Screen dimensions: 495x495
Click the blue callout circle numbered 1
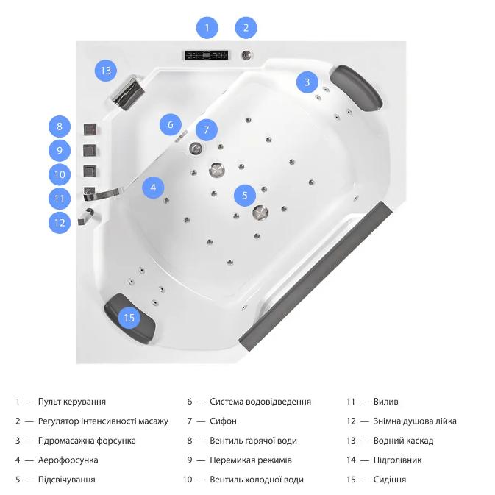point(207,28)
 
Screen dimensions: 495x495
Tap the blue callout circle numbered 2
point(246,28)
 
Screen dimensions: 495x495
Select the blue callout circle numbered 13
point(106,71)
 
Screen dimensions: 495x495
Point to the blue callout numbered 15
point(129,318)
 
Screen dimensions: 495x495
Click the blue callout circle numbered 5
point(245,195)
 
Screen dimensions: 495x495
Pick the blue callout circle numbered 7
point(207,130)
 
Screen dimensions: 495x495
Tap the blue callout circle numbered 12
point(60,221)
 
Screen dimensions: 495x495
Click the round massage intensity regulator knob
point(246,54)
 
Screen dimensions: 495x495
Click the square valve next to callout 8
point(91,129)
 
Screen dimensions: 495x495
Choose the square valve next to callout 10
point(91,172)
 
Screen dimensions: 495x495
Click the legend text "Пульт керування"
point(72,402)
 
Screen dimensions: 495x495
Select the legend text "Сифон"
point(223,421)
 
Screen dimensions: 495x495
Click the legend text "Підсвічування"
point(66,480)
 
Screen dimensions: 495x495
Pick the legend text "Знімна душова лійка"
point(415,421)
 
